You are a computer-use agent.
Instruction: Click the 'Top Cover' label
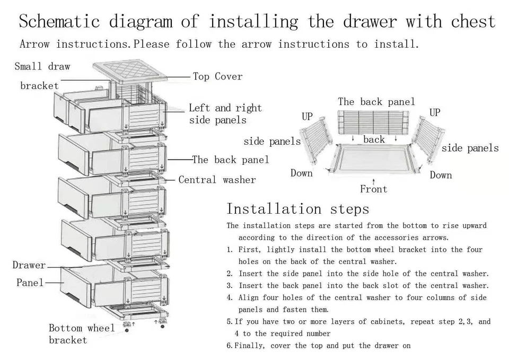coord(217,77)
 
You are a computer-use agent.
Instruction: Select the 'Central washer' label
coord(217,180)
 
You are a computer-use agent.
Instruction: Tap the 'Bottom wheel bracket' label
coord(82,334)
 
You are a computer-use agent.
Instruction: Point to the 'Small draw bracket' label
coord(41,76)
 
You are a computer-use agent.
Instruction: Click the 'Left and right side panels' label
coord(225,114)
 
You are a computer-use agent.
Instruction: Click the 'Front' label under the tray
coord(373,189)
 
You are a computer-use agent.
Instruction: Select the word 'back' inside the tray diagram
coord(374,139)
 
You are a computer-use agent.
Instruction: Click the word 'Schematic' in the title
coord(59,22)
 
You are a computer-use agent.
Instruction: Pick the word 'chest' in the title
coord(473,22)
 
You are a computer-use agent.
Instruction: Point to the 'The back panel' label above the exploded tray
coord(376,102)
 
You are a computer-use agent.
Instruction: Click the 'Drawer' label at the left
coord(29,265)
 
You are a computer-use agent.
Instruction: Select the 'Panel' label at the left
coord(30,283)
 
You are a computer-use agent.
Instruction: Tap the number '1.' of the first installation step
coord(230,250)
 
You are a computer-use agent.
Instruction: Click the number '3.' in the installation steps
coord(230,286)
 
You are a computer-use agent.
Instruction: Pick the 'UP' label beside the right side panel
coord(435,112)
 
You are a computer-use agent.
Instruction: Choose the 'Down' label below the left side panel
coord(301,173)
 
